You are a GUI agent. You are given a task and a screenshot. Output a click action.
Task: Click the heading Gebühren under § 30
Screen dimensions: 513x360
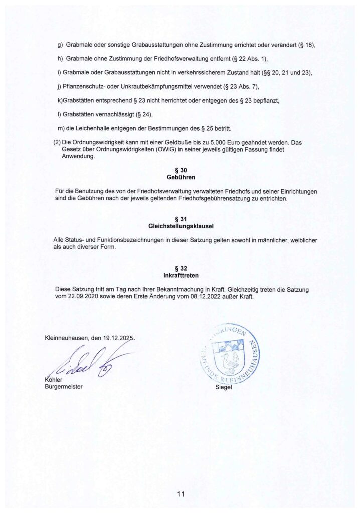pos(179,177)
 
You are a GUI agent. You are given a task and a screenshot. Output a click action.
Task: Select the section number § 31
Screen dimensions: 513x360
pos(179,219)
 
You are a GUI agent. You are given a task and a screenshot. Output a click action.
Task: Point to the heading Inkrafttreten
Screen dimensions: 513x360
pos(179,275)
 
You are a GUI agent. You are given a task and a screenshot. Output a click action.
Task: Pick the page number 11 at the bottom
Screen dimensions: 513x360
pos(181,495)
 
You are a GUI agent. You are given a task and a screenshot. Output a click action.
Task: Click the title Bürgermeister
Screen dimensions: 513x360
pos(63,387)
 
